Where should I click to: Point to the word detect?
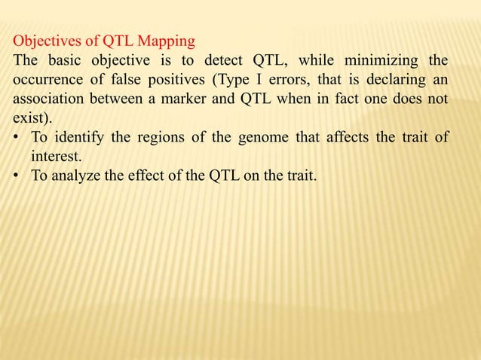224,59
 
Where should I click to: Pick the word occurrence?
46,78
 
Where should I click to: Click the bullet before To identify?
16,137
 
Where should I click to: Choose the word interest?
54,157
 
